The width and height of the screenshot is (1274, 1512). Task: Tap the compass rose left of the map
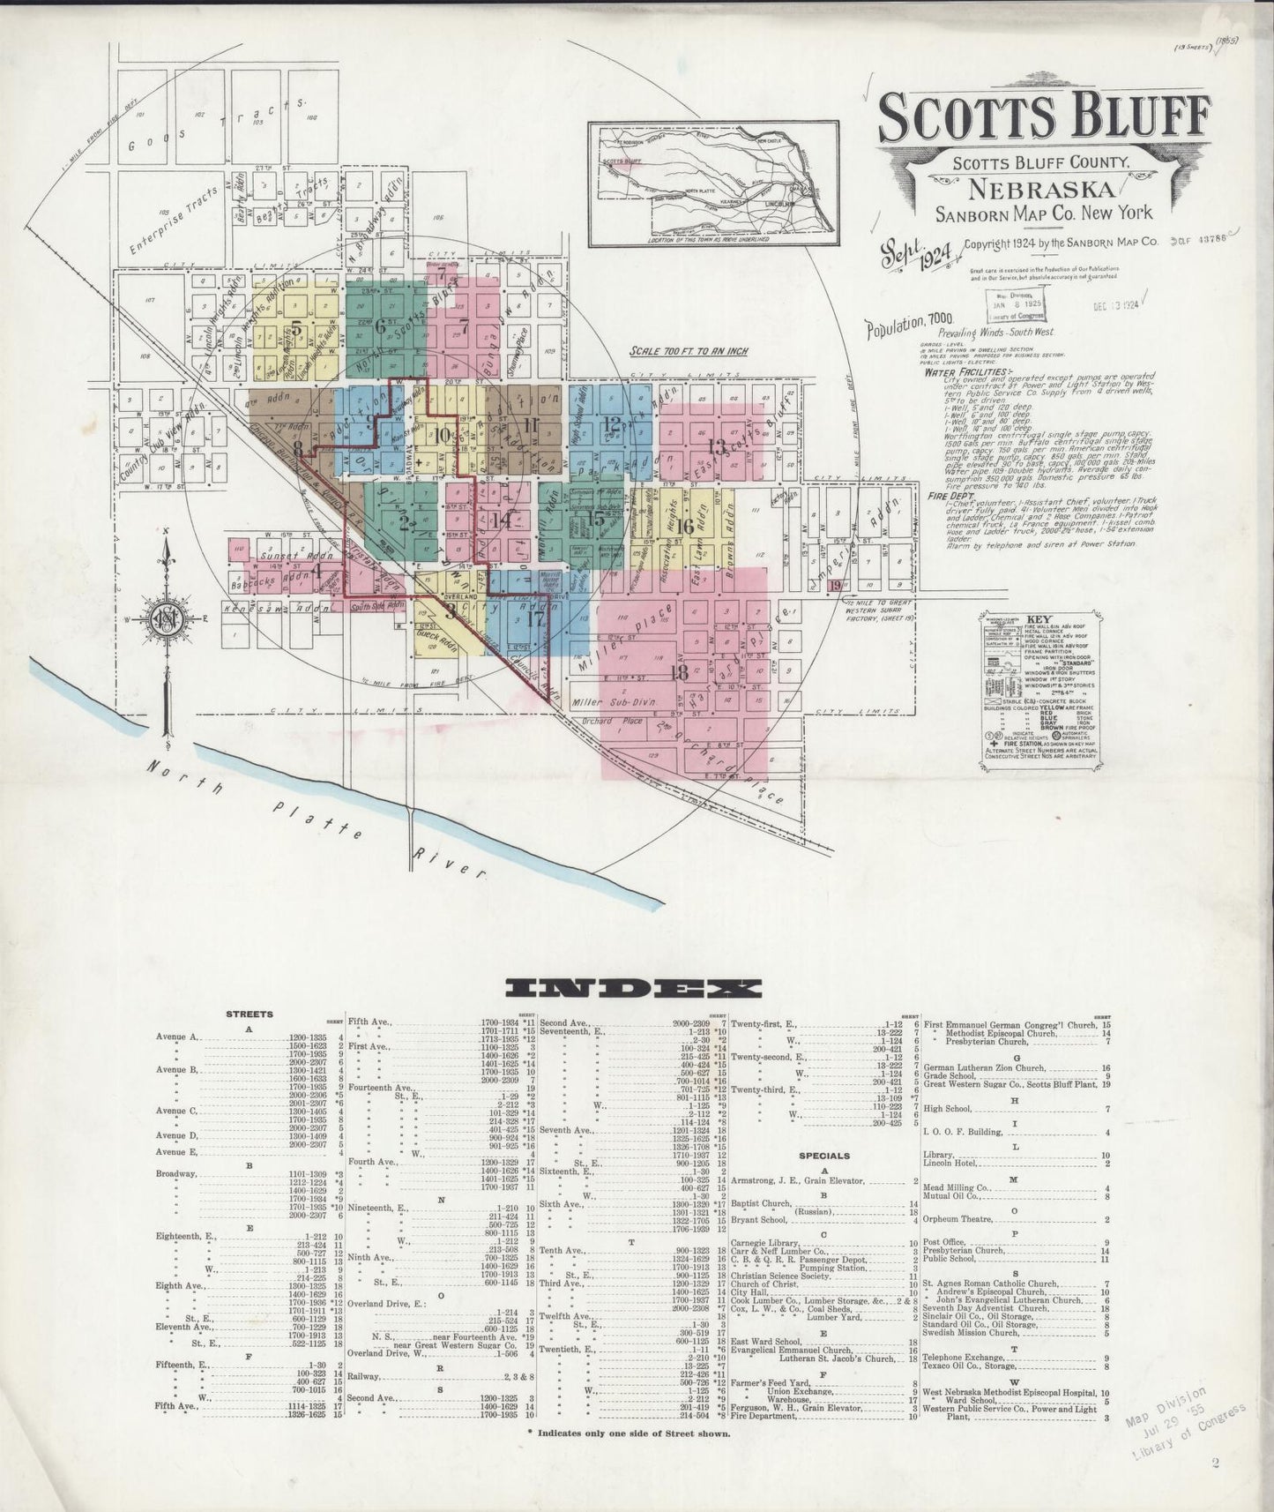coord(165,618)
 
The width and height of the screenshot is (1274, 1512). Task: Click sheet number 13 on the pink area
coord(716,445)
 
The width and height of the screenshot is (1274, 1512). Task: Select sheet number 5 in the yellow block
coord(297,329)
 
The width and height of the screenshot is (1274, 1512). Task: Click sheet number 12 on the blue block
coord(612,424)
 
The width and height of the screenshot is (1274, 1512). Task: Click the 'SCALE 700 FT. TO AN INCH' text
coord(689,351)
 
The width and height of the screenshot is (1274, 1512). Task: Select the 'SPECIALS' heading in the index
coord(823,1155)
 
